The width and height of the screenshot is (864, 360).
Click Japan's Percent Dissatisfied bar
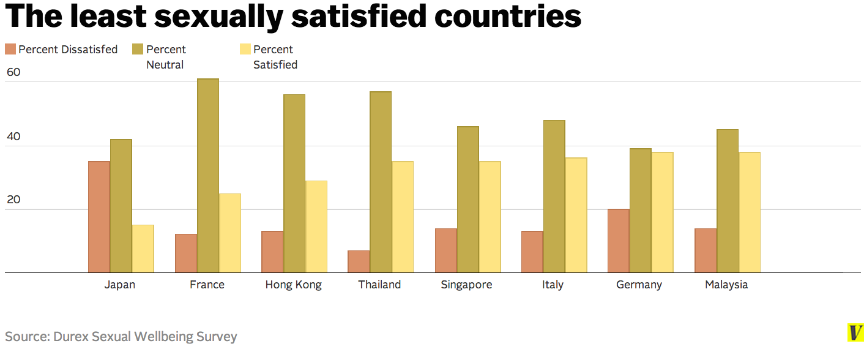99,217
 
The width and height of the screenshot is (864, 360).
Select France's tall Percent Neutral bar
208,176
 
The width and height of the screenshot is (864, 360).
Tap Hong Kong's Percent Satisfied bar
316,227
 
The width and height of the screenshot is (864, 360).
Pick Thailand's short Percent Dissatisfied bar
359,261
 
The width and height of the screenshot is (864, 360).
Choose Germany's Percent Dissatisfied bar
619,241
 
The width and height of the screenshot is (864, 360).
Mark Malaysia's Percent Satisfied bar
749,212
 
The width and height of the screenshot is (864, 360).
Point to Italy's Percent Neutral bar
554,196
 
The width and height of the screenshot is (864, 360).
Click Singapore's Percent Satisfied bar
490,217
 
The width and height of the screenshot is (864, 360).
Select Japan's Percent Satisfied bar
143,249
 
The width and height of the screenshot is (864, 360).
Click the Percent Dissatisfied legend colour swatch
10,50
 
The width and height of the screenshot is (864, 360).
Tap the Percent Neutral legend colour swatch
138,50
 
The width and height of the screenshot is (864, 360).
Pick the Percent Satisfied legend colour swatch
245,50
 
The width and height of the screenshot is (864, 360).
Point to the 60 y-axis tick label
13,72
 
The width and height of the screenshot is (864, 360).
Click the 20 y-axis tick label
13,200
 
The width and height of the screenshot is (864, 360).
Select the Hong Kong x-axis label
293,285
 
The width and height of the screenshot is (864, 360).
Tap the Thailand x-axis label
379,285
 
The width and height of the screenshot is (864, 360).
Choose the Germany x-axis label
639,285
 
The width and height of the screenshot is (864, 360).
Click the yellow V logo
855,332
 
